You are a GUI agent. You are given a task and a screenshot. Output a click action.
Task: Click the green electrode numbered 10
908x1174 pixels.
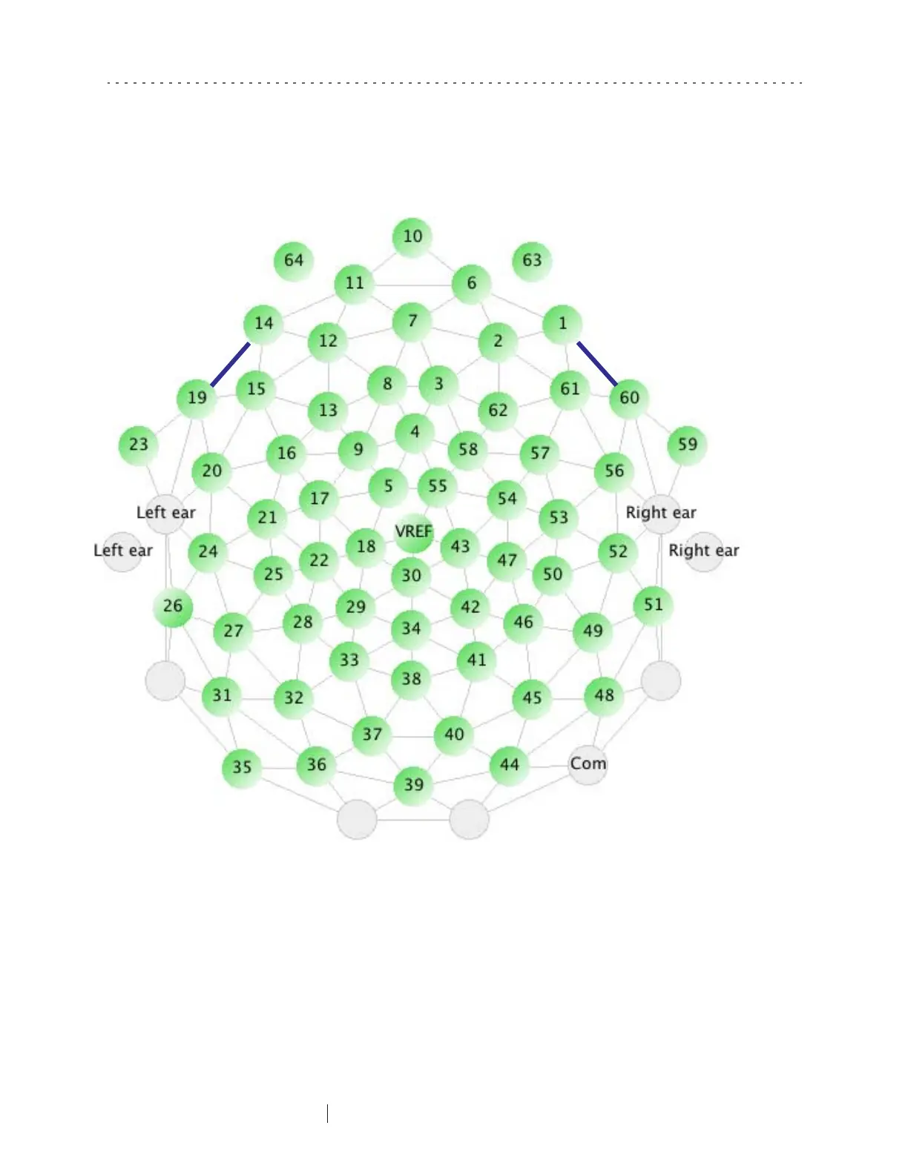(x=412, y=237)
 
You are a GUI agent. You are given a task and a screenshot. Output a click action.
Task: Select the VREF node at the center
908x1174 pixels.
(x=413, y=532)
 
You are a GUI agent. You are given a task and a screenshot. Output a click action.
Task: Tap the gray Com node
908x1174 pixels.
(x=588, y=764)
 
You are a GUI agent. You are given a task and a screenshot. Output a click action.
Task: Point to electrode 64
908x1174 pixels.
(x=294, y=260)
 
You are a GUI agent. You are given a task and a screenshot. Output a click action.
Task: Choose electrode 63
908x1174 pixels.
(x=532, y=260)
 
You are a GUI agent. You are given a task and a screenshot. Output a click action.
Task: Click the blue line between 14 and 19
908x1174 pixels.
(x=230, y=365)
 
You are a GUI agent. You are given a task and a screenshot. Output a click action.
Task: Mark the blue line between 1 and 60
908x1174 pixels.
(x=597, y=364)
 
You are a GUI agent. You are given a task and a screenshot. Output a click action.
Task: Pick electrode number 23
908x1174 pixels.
(x=139, y=445)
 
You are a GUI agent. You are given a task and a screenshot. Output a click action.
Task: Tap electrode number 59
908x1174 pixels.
(x=687, y=445)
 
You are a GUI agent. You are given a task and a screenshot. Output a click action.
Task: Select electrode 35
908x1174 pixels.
(x=242, y=767)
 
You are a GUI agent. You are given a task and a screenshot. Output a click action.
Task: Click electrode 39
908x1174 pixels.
(x=413, y=784)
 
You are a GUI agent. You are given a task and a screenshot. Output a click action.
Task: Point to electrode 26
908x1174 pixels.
(x=173, y=606)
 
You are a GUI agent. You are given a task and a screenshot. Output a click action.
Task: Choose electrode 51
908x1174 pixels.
(x=653, y=605)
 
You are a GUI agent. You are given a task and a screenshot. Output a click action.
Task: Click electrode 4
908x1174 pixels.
(x=415, y=432)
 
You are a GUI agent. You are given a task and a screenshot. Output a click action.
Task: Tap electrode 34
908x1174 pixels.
(x=411, y=629)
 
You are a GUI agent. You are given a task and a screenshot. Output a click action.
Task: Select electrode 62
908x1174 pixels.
(x=498, y=410)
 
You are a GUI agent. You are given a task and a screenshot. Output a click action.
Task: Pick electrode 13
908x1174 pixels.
(x=328, y=410)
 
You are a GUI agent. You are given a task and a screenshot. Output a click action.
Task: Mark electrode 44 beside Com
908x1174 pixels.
(x=510, y=764)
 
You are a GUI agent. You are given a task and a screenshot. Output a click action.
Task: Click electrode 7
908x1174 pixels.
(x=412, y=321)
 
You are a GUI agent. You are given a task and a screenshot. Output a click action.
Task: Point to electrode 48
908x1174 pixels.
(x=604, y=695)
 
